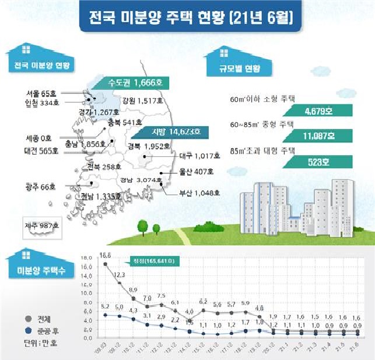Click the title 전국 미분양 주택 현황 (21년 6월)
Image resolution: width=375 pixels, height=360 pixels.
(190, 16)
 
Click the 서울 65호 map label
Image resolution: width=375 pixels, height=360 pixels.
(41, 93)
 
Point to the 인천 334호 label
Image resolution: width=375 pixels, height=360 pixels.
(43, 103)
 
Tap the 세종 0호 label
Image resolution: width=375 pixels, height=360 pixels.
(38, 139)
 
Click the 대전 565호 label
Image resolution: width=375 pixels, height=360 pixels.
(38, 151)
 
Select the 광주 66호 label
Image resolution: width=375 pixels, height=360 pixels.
(40, 187)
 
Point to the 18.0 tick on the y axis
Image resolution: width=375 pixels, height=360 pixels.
(86, 257)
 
